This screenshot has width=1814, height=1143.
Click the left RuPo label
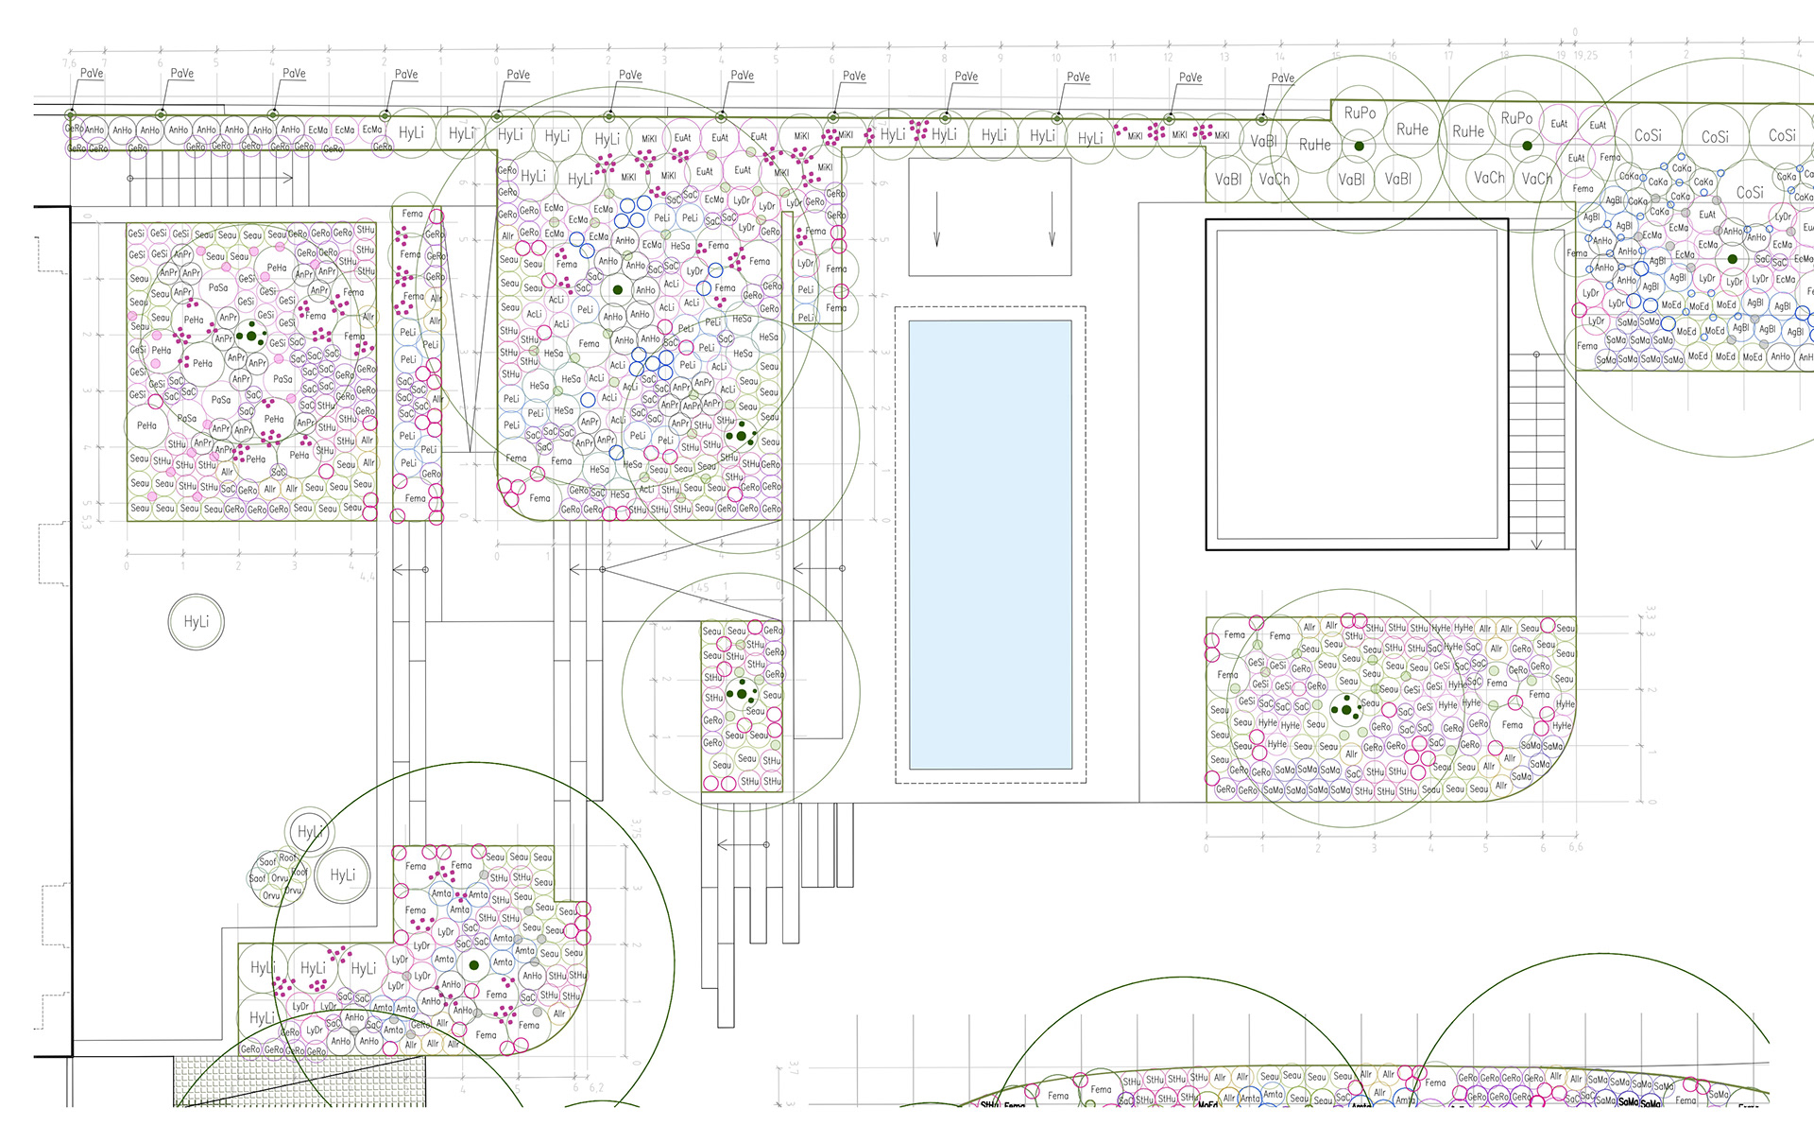[1360, 113]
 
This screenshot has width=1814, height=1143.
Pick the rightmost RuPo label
[1516, 118]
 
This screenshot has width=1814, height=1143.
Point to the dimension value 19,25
[1585, 56]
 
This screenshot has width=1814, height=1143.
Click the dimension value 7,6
[69, 63]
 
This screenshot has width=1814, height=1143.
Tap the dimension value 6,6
[1574, 847]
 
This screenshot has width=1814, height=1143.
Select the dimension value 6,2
[596, 1087]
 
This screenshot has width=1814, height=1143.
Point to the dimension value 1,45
[699, 588]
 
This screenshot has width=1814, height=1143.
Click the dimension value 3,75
[636, 828]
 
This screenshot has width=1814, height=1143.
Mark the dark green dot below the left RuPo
[1359, 146]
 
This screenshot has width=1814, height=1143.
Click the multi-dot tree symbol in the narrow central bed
[742, 693]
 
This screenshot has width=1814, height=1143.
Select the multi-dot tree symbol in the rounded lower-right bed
[1345, 708]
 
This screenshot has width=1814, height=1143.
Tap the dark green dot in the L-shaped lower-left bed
[474, 965]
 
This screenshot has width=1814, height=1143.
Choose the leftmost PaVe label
[92, 73]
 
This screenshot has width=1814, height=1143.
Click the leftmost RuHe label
[1314, 145]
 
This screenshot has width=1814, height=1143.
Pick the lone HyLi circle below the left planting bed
[197, 622]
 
